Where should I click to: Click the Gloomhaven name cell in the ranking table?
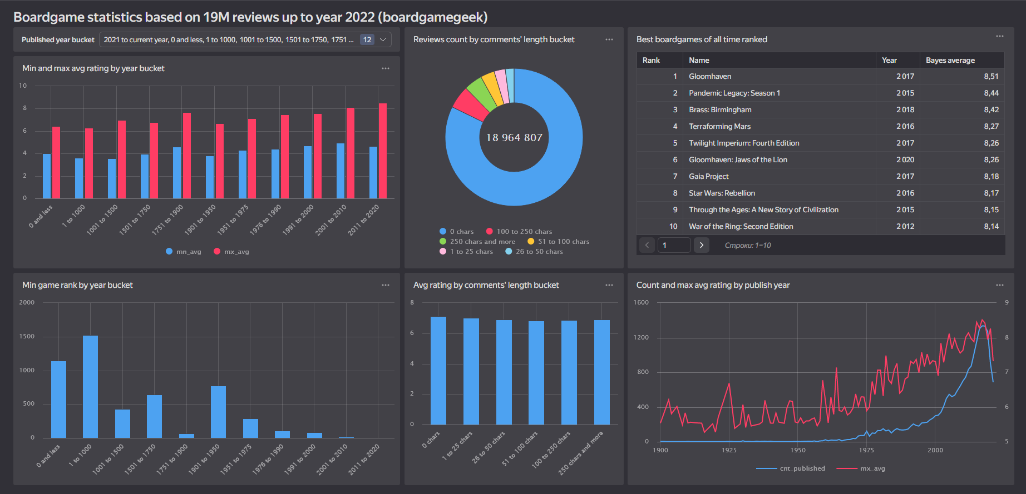710,77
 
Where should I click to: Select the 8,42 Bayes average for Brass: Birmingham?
991,110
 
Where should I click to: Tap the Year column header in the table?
889,60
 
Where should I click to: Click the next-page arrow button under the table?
702,245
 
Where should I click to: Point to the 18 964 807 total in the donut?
514,138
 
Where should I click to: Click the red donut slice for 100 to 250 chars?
470,104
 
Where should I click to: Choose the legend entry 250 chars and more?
482,242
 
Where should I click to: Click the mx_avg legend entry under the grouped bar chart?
236,252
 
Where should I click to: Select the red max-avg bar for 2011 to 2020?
383,151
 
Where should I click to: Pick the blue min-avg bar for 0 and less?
47,176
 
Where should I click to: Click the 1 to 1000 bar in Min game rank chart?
90,386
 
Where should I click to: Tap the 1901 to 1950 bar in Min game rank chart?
218,412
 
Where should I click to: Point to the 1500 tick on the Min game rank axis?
27,336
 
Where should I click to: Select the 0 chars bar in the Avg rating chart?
438,371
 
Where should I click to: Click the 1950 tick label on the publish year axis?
798,450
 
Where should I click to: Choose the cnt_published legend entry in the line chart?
802,468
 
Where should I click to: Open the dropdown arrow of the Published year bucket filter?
383,40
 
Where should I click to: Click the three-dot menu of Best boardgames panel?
1000,37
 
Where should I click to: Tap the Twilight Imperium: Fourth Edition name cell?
744,143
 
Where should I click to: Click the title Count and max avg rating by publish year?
713,285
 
